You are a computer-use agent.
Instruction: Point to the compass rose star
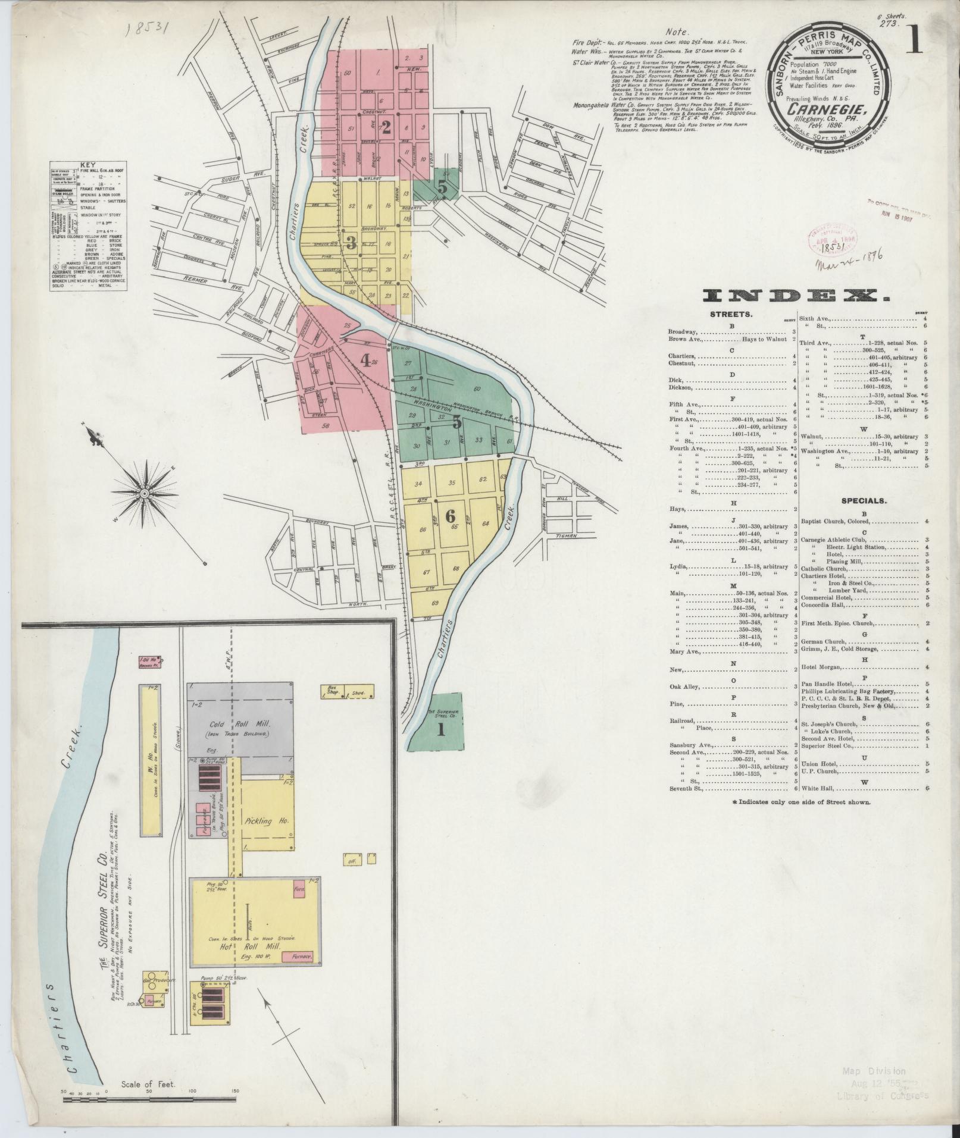pos(145,494)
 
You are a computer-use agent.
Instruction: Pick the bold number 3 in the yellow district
pos(351,242)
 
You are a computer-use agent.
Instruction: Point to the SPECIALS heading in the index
pos(864,501)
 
